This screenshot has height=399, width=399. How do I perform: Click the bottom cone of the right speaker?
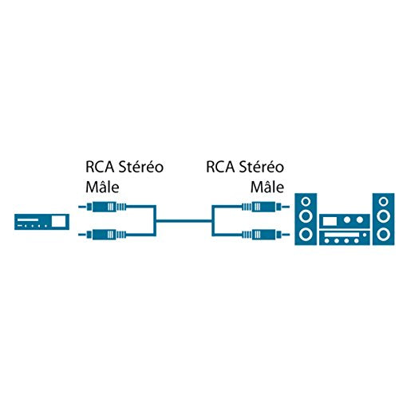pyautogui.click(x=384, y=235)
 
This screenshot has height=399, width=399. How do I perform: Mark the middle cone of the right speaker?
pyautogui.click(x=384, y=216)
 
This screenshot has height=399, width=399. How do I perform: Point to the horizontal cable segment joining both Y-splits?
pyautogui.click(x=184, y=220)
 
